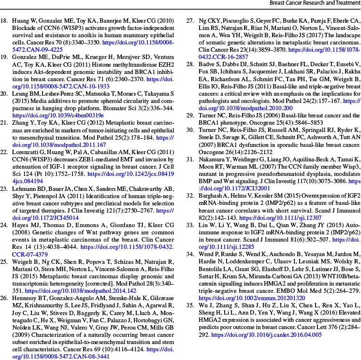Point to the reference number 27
[x=190, y=22]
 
